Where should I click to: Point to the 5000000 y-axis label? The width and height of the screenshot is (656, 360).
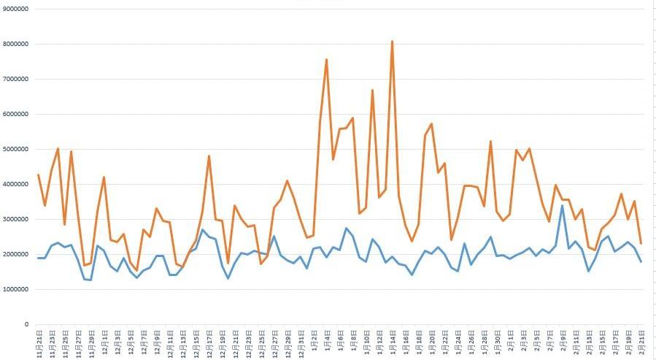[x=15, y=149]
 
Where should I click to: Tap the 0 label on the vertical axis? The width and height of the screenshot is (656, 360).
[x=26, y=324]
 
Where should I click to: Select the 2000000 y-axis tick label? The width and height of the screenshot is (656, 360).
[x=15, y=254]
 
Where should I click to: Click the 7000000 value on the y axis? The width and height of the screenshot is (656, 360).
[x=15, y=79]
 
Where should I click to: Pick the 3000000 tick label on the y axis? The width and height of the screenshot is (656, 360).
[x=15, y=219]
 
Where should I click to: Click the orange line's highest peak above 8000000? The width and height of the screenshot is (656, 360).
[x=392, y=42]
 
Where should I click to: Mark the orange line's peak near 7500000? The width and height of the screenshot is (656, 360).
[x=326, y=59]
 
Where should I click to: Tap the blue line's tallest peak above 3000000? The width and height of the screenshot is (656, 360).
[x=562, y=206]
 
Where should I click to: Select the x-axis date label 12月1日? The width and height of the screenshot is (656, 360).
[x=104, y=341]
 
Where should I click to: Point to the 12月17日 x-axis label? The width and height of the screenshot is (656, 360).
[x=209, y=341]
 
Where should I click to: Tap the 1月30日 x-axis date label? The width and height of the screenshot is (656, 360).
[x=497, y=341]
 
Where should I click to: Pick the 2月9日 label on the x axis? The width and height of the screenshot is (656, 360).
[x=562, y=341]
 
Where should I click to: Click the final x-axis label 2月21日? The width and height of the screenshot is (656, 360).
[x=641, y=341]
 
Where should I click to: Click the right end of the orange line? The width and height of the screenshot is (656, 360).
[x=641, y=243]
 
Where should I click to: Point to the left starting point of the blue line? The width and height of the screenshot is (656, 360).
[x=39, y=258]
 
